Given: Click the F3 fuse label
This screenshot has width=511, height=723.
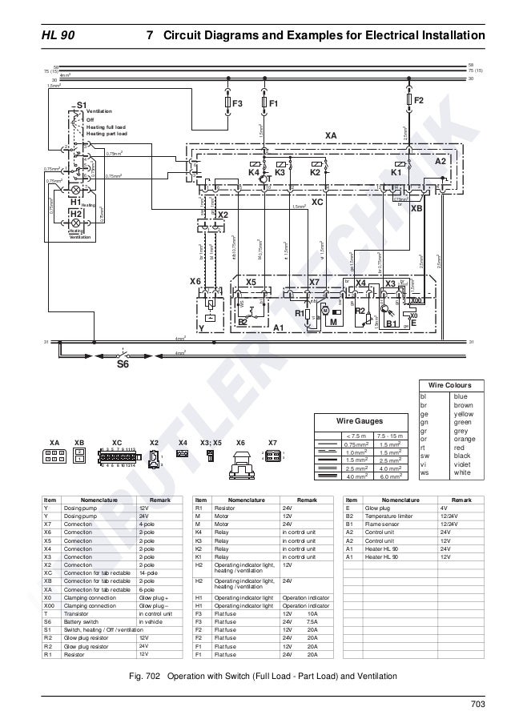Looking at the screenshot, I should click(237, 104).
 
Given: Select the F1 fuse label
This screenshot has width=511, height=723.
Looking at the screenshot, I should click(273, 104).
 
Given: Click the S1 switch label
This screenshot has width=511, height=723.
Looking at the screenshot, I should click(81, 105).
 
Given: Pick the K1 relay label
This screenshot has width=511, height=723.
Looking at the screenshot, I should click(395, 171).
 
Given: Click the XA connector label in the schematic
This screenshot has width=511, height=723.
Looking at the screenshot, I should click(331, 136).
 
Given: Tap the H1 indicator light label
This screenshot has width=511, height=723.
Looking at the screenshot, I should click(77, 202).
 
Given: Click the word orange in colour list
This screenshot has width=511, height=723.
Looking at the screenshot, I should click(465, 438).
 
